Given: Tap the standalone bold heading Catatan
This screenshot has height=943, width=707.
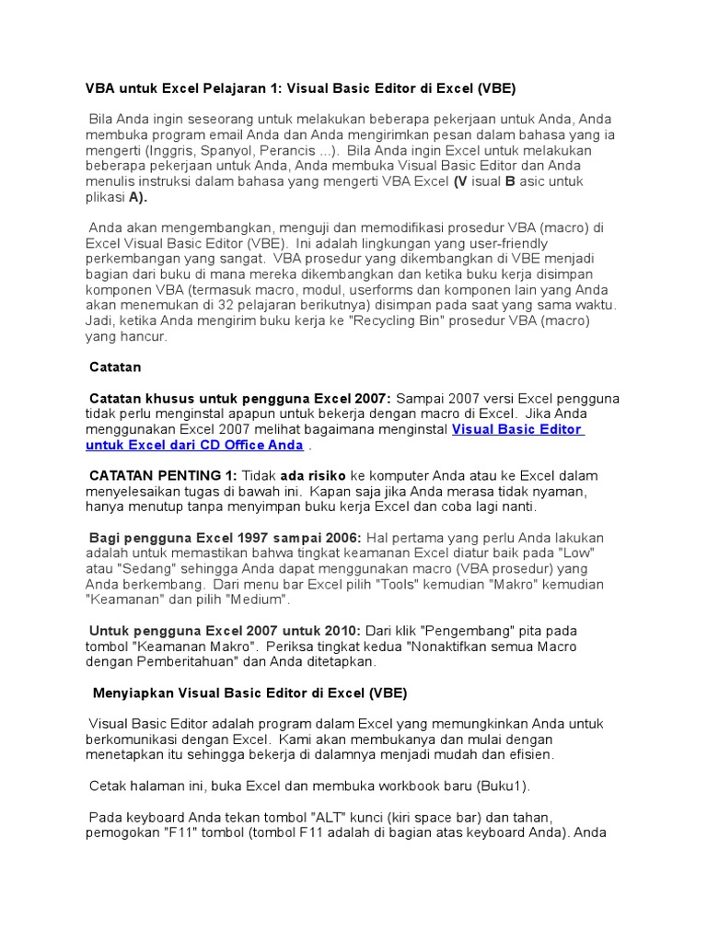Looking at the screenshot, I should click(115, 367).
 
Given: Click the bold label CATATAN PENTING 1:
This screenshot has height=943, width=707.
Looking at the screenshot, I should click(163, 476).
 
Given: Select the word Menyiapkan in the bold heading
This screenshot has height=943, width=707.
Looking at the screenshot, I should click(134, 693).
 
